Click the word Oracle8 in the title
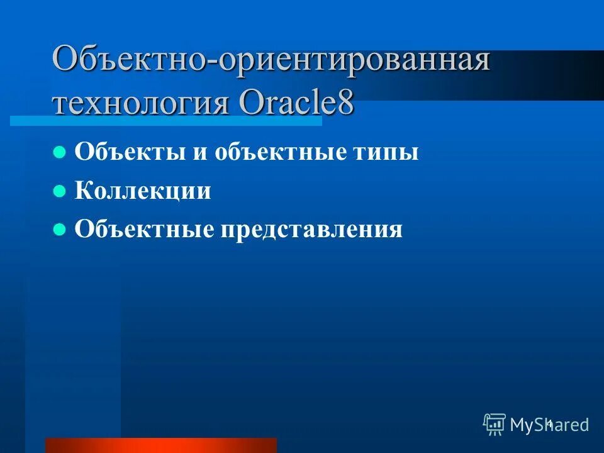[x=296, y=101]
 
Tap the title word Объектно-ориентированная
[x=271, y=62]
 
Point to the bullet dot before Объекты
[x=60, y=152]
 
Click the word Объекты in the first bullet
[x=126, y=152]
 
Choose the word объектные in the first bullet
[x=277, y=152]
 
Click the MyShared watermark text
[x=549, y=425]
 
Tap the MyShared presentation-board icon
[x=495, y=425]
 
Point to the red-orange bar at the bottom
[x=160, y=445]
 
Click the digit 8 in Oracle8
[x=345, y=101]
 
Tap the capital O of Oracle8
[x=251, y=101]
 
